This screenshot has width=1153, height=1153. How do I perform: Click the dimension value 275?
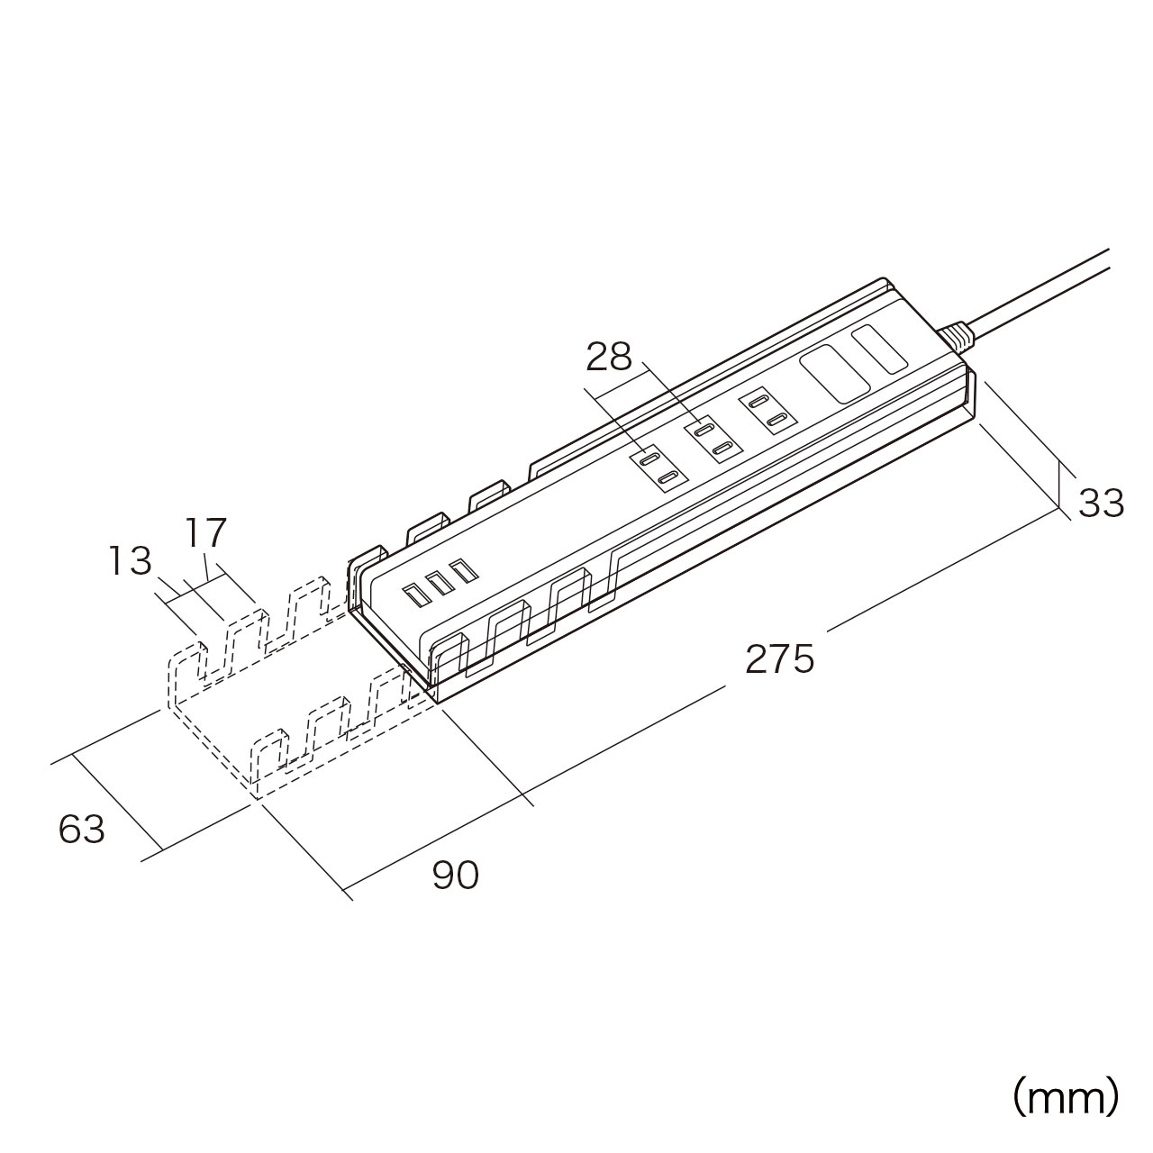click(x=779, y=659)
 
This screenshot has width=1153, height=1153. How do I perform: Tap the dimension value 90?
click(x=455, y=875)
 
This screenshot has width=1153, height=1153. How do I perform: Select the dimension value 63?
click(x=82, y=829)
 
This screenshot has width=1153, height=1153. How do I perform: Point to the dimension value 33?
click(x=1101, y=503)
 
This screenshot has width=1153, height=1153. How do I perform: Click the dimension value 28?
click(x=609, y=358)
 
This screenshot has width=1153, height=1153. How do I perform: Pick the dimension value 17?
click(x=206, y=532)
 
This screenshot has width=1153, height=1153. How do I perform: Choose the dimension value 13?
click(x=130, y=562)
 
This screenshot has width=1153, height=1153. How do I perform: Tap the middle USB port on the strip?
click(x=440, y=583)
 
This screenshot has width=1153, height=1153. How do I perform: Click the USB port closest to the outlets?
click(x=464, y=570)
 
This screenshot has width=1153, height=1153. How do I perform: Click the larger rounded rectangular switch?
click(x=834, y=374)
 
